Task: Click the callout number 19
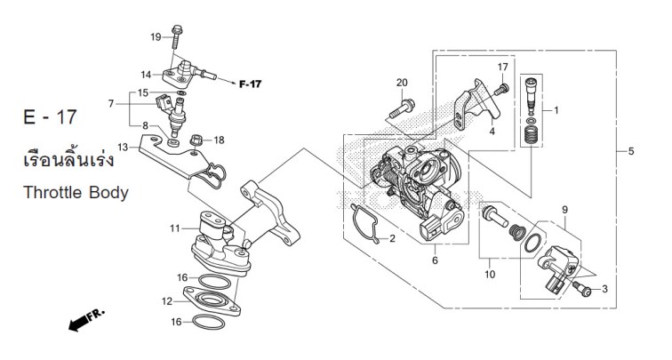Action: click(156, 37)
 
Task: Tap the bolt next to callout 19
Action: click(177, 36)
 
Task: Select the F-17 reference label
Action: click(250, 84)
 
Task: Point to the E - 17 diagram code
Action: click(50, 117)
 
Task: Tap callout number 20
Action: click(402, 83)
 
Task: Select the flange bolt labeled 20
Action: click(402, 108)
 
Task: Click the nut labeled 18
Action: click(196, 140)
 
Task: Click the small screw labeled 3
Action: click(582, 289)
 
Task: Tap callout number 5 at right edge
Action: click(630, 151)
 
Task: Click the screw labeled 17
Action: click(501, 90)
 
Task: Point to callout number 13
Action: click(123, 148)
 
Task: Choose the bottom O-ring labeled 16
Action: click(209, 323)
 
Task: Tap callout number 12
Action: click(167, 301)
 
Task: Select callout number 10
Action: click(490, 274)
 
